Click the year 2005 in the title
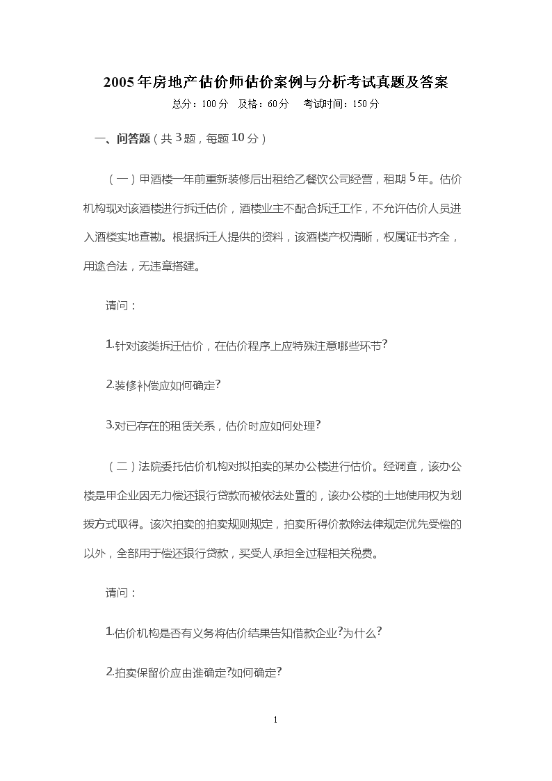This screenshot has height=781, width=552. coord(120,82)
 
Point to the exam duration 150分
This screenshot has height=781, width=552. coord(366,104)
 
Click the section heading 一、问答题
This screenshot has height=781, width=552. coord(122,139)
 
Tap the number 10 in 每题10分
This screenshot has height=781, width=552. coord(234,138)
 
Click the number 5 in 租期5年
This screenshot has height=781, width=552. coord(413,178)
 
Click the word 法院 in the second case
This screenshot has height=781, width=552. coord(151,465)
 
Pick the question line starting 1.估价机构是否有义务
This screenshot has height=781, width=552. coord(244,633)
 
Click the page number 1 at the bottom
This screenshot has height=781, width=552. coord(276,720)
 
